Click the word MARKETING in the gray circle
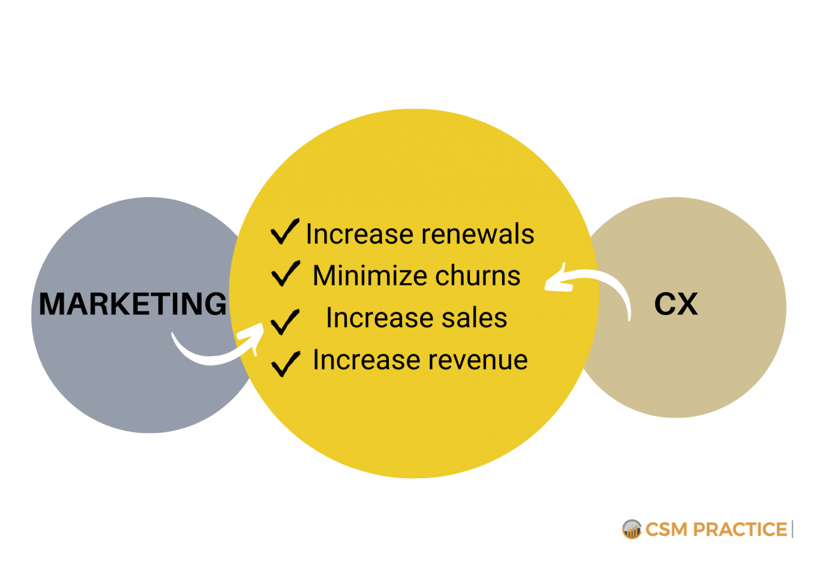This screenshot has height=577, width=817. pyautogui.click(x=133, y=304)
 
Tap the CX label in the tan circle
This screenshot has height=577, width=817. pyautogui.click(x=676, y=304)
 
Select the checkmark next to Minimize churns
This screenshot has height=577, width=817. pyautogui.click(x=286, y=274)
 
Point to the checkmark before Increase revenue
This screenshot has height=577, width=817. pyautogui.click(x=286, y=363)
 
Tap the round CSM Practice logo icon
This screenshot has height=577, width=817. pyautogui.click(x=632, y=529)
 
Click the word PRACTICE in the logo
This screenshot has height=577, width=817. pyautogui.click(x=740, y=530)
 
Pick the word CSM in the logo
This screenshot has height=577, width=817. pyautogui.click(x=666, y=530)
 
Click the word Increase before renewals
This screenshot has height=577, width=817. pyautogui.click(x=359, y=234)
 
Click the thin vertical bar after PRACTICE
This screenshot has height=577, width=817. pyautogui.click(x=793, y=529)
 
